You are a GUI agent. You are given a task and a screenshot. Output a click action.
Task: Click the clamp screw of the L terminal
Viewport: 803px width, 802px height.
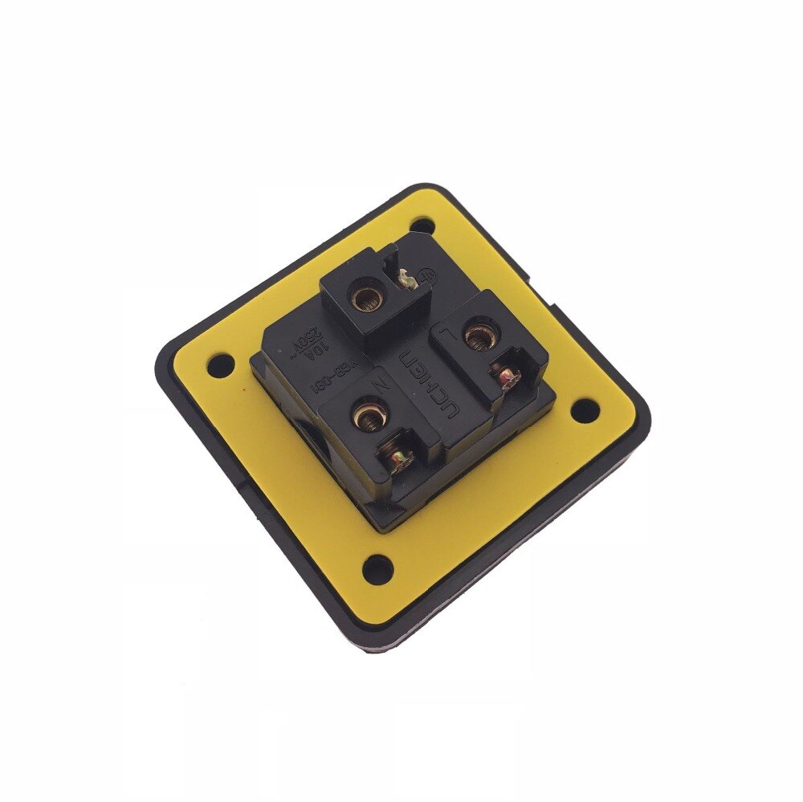[507, 374]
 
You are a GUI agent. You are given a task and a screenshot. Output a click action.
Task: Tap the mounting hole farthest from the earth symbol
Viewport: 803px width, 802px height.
[375, 571]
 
